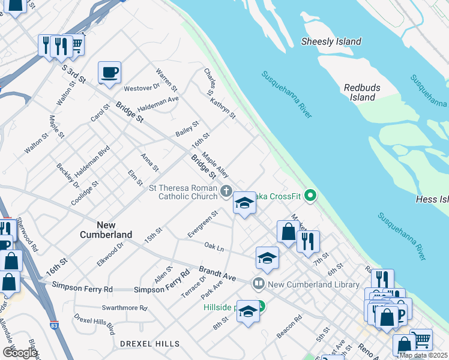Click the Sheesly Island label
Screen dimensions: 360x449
pos(331,41)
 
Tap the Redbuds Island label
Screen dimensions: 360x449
pos(363,92)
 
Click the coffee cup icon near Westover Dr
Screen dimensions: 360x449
pos(109,73)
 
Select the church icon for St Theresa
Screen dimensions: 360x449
pos(226,191)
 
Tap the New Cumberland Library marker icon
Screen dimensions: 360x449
pos(259,283)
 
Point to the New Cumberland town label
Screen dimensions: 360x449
pos(98,230)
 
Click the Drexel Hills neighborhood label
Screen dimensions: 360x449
pos(149,344)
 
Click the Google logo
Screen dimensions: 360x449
pos(20,352)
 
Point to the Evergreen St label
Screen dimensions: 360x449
pos(202,224)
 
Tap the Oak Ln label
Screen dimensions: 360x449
pos(214,247)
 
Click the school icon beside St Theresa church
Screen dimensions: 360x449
pos(244,205)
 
